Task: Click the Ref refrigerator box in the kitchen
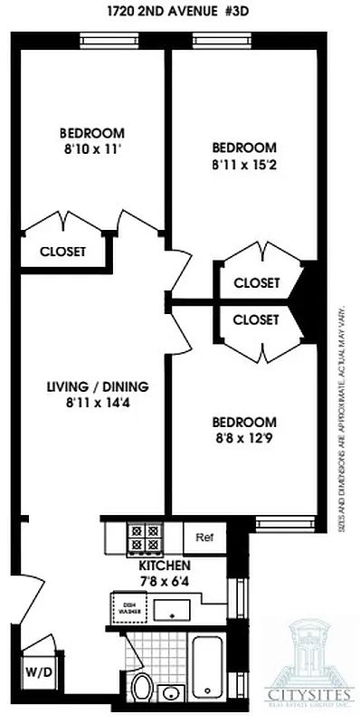tap(204, 537)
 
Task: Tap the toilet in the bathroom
tap(141, 689)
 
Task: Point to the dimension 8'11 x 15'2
tap(243, 165)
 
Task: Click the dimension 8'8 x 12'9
tap(243, 439)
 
